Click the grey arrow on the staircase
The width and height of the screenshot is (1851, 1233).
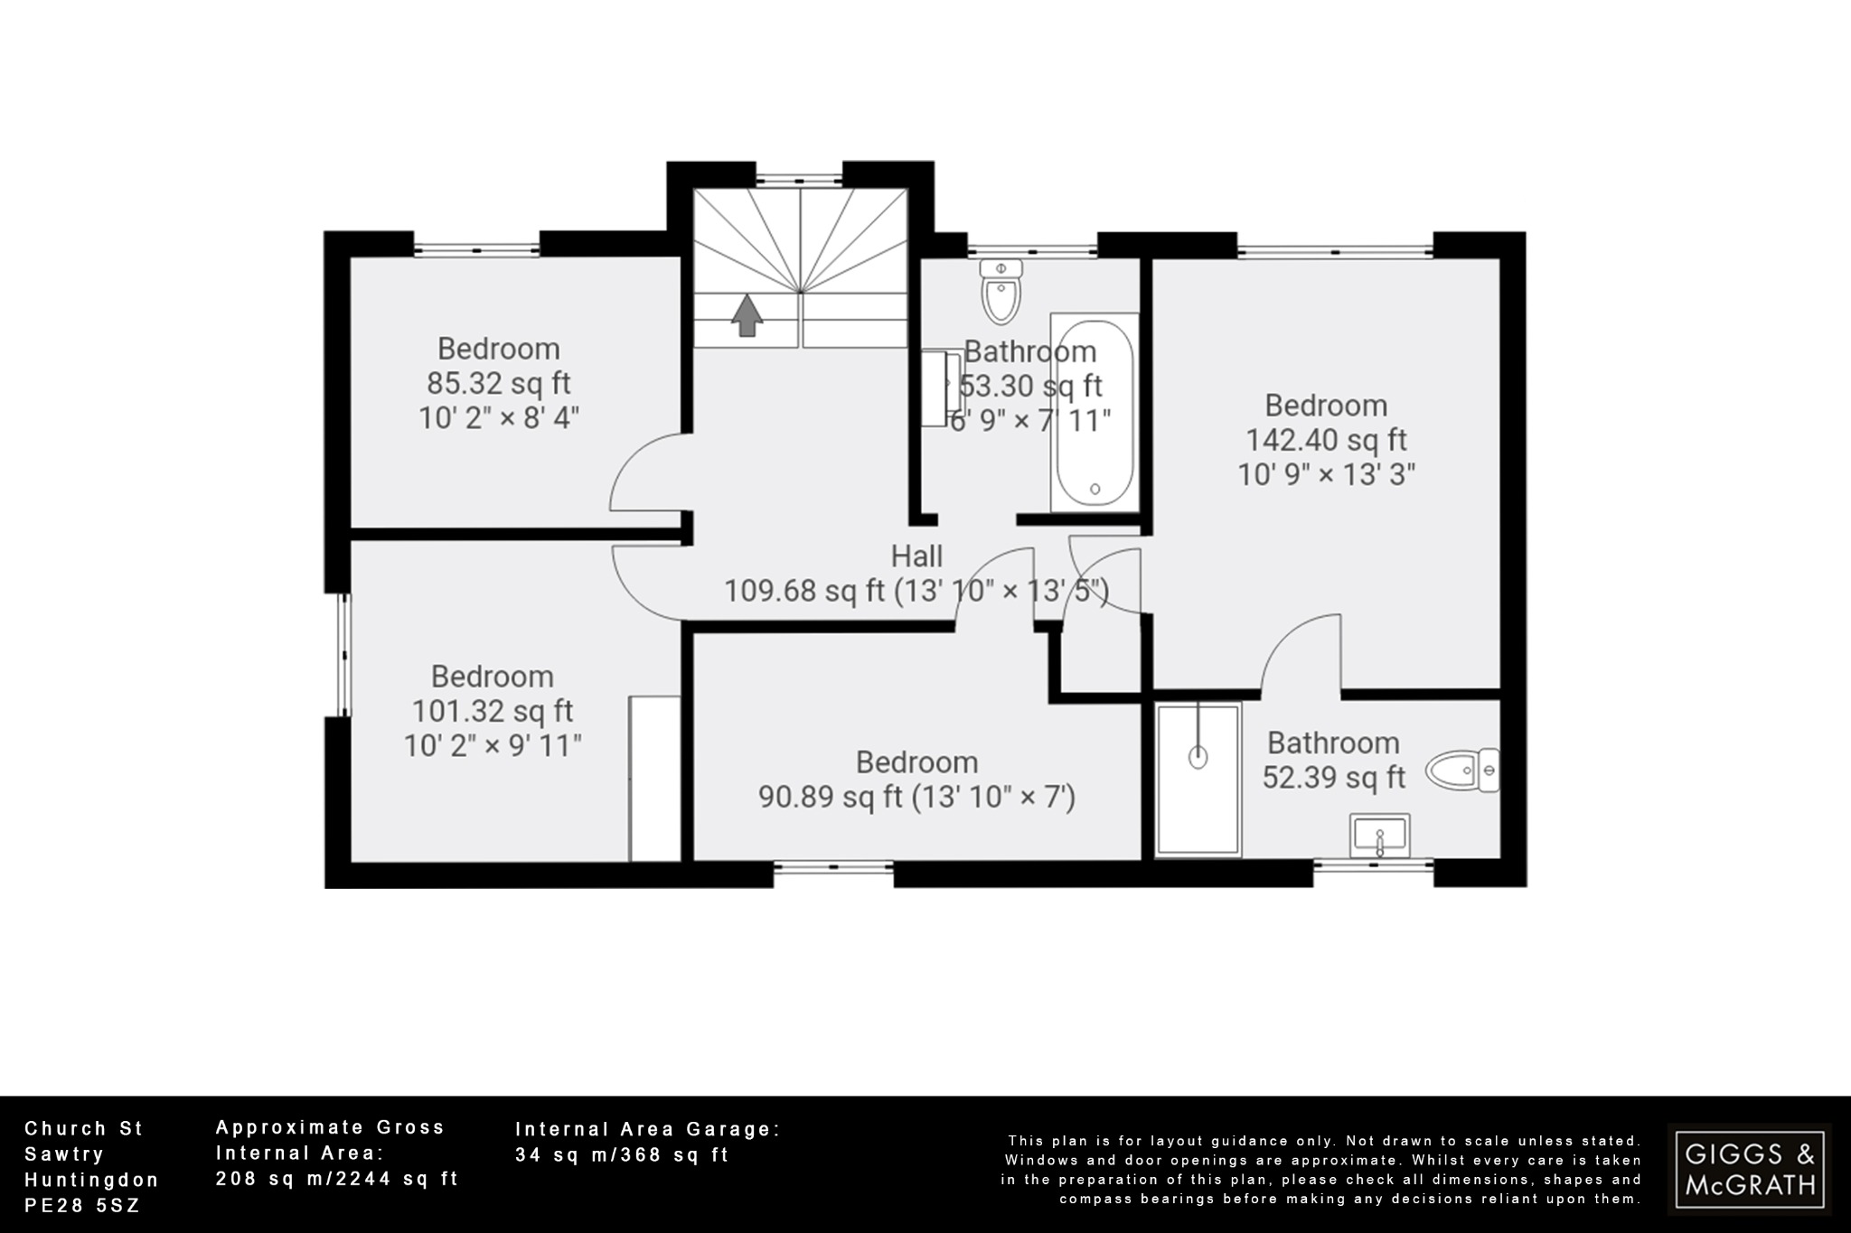747,316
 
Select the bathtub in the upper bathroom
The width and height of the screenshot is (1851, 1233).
1095,414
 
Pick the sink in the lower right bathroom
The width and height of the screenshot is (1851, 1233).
1379,836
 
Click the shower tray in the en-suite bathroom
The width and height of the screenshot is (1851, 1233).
1198,779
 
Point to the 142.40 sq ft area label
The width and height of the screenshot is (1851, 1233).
1326,440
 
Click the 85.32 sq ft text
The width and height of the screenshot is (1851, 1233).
499,383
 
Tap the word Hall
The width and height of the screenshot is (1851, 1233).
916,556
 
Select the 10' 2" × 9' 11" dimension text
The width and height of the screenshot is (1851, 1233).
493,746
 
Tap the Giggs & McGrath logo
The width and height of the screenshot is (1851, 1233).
1750,1169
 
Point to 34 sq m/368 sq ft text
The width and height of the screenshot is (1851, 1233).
622,1154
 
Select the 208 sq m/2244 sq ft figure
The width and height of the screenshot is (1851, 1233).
337,1179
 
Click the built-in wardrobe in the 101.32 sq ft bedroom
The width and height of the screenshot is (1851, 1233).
655,778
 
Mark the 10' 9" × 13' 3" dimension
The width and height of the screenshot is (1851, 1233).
1326,474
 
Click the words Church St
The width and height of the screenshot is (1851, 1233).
84,1128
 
